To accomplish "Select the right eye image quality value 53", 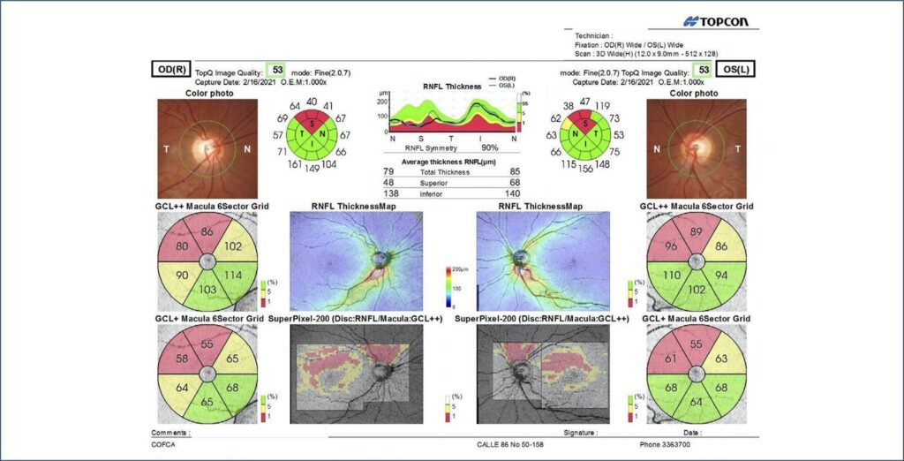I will coord(277,70).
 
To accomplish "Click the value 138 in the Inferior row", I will coord(389,193).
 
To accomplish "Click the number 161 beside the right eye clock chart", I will coord(288,165).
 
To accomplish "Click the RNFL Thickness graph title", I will coord(452,87).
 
